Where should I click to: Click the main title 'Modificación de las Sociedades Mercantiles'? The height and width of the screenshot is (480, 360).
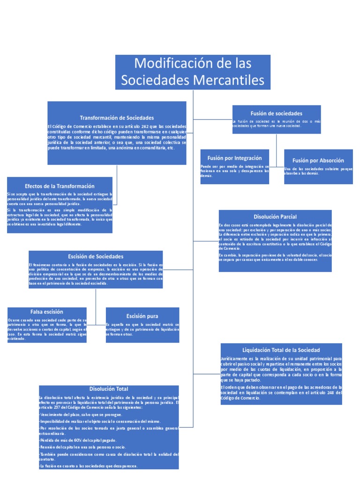(193, 71)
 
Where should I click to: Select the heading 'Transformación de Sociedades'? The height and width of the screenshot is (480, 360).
(117, 118)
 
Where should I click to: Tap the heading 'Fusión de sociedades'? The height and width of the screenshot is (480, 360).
(277, 113)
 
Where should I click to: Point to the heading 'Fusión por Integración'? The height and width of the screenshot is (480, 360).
(235, 158)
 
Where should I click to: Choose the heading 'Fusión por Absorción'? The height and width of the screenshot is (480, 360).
(318, 160)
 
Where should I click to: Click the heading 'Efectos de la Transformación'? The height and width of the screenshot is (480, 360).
(60, 186)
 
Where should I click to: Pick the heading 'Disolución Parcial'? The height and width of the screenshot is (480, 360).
(275, 217)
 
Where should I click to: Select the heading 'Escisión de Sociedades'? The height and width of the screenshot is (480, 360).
(96, 256)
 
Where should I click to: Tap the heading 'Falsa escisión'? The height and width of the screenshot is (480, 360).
(47, 311)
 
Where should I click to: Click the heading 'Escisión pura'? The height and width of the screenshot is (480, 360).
(142, 316)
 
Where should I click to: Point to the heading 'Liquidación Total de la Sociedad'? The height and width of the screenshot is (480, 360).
(281, 350)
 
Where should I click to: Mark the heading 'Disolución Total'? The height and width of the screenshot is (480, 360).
(108, 389)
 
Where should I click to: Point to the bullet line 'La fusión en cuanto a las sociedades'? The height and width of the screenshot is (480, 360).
(89, 466)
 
